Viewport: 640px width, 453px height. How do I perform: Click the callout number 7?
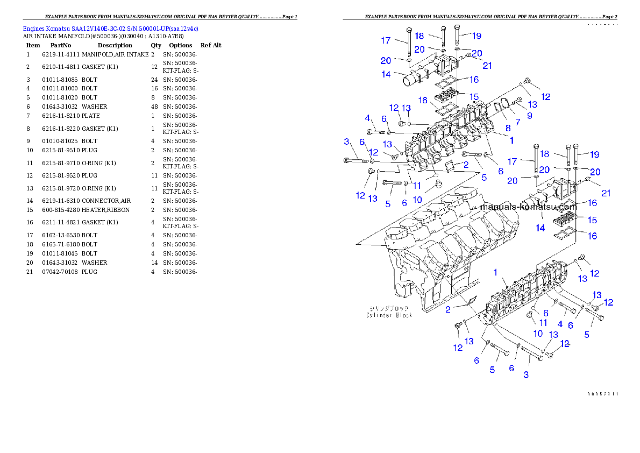(x=517, y=122)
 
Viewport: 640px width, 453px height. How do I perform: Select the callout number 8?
(x=508, y=128)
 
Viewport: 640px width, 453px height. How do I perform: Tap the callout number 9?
(x=529, y=115)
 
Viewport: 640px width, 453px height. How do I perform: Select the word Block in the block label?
(x=403, y=315)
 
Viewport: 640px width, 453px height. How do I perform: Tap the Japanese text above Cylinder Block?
(x=389, y=308)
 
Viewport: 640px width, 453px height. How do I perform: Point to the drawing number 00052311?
(x=602, y=394)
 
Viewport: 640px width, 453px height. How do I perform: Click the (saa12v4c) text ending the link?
(x=184, y=29)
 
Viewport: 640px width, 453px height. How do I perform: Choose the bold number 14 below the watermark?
(x=540, y=228)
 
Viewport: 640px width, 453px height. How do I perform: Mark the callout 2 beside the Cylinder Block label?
(x=448, y=309)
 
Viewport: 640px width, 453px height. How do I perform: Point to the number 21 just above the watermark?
(x=606, y=193)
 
